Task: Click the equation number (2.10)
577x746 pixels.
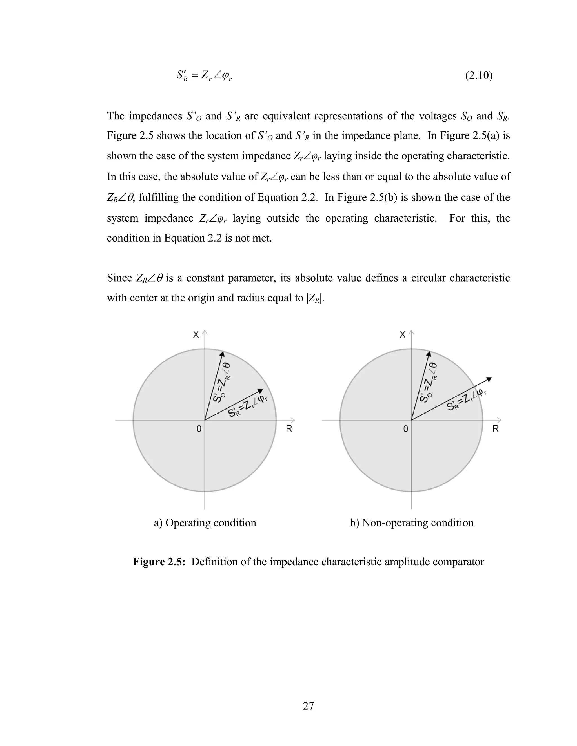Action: click(x=479, y=75)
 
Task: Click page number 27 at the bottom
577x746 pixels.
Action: click(x=308, y=706)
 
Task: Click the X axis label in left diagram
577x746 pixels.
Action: click(x=196, y=335)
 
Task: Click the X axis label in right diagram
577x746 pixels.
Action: click(x=403, y=335)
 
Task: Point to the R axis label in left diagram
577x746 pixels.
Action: click(x=289, y=429)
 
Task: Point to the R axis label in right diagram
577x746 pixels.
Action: click(x=495, y=429)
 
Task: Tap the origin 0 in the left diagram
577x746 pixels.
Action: click(x=199, y=429)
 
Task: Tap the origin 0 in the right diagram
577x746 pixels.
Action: click(x=406, y=429)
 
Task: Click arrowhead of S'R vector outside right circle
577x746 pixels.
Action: click(x=489, y=379)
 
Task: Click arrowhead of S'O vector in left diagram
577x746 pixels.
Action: click(x=222, y=354)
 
